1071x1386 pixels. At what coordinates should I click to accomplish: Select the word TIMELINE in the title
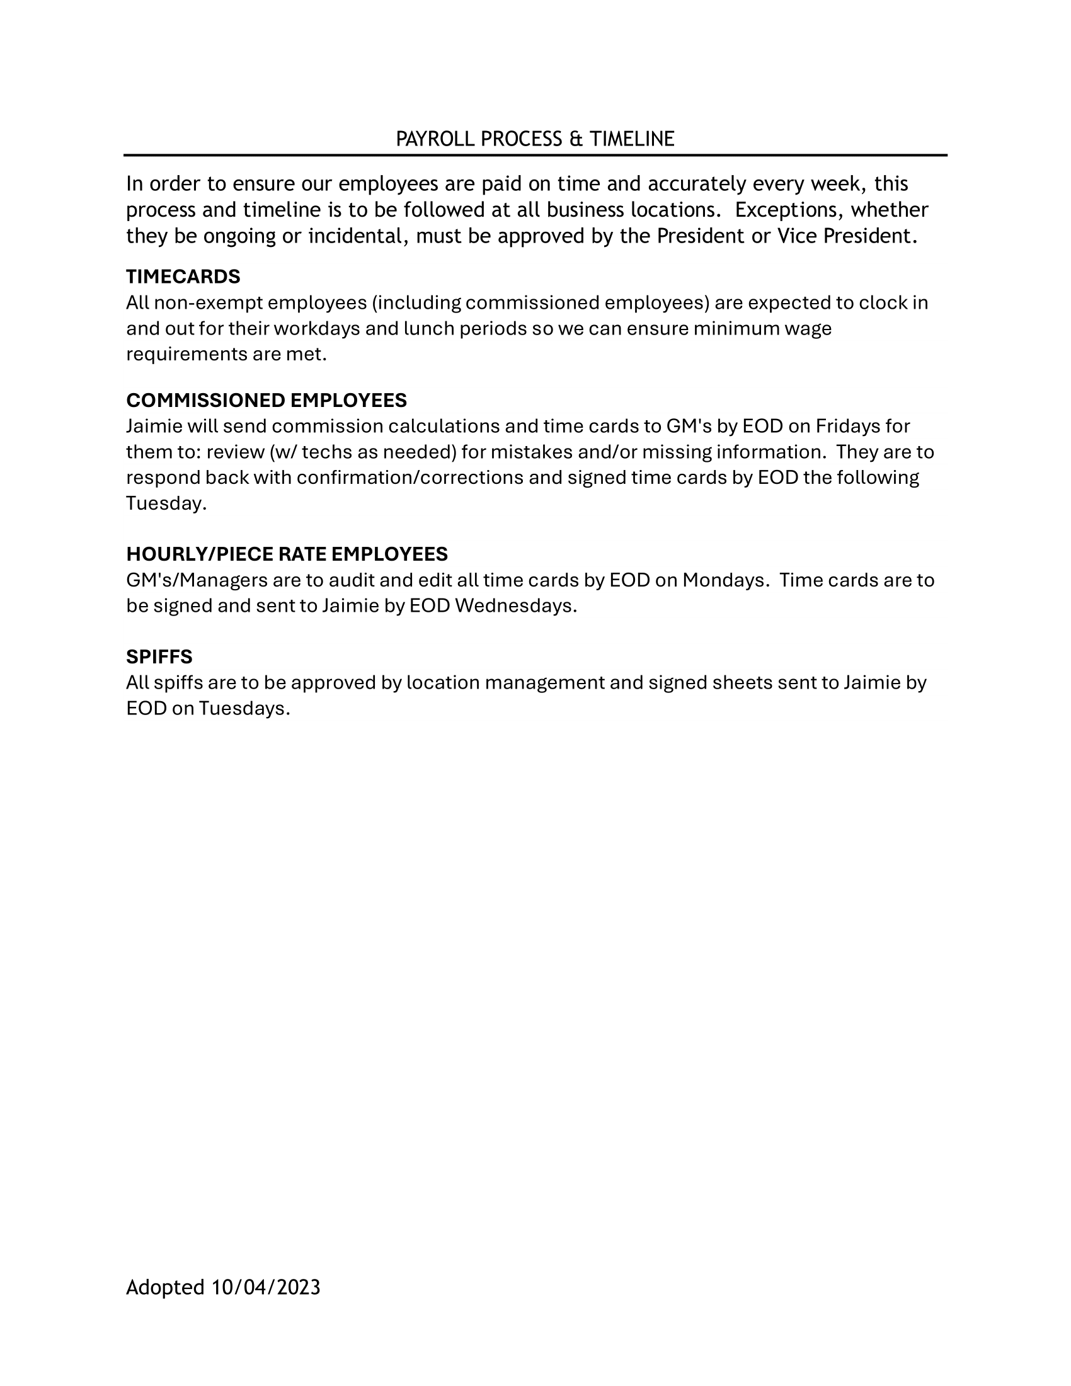pos(631,139)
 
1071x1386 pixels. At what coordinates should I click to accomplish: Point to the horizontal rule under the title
pos(535,155)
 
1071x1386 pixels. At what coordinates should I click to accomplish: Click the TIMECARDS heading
pos(183,277)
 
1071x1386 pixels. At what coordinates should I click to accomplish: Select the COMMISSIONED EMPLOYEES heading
pos(266,401)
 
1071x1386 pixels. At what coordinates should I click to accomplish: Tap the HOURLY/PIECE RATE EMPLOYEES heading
pos(287,554)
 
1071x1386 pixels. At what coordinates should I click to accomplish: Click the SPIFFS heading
pos(159,656)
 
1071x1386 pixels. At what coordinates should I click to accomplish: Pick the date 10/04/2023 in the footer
pos(266,1287)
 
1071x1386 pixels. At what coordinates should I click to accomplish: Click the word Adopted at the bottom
pos(165,1287)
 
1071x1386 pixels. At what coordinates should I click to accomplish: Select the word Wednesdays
pos(515,605)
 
